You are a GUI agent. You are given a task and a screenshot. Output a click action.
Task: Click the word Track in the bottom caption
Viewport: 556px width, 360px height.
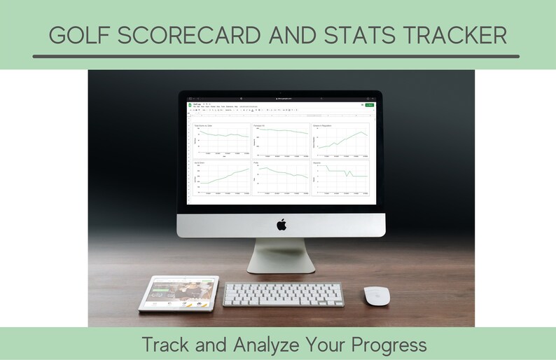click(x=162, y=345)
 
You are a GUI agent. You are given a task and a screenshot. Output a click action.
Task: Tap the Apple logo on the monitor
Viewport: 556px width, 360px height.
click(x=282, y=224)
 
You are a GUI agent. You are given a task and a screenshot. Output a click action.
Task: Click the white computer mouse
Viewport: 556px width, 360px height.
click(x=377, y=295)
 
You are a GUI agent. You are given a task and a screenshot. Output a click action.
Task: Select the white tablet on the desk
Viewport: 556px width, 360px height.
click(x=179, y=293)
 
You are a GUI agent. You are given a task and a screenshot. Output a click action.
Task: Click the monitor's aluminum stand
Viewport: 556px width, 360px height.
click(x=281, y=255)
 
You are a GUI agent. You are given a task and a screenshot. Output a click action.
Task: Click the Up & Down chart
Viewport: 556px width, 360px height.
click(x=221, y=178)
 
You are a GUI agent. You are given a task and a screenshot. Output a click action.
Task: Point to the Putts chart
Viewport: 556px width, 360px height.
click(x=280, y=178)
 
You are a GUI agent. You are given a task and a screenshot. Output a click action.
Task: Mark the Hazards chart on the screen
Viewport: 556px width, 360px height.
click(x=340, y=178)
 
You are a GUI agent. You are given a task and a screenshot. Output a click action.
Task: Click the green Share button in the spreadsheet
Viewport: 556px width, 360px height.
click(x=370, y=105)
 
